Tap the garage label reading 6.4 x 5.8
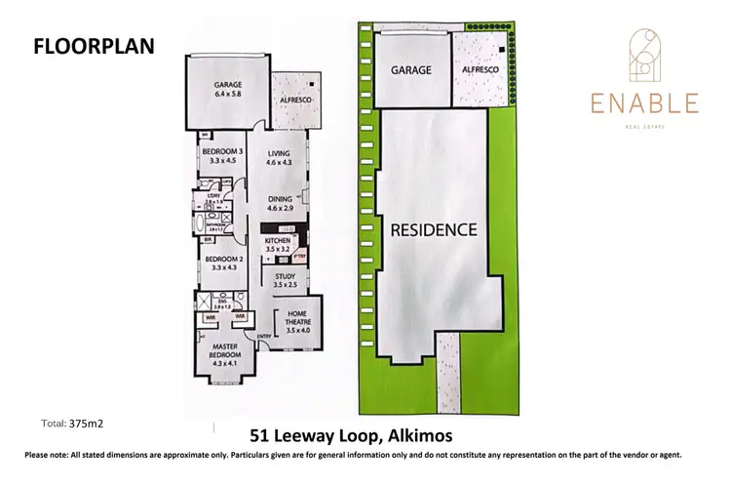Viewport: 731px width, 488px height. tap(228, 91)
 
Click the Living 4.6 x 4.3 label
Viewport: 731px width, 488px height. tap(280, 159)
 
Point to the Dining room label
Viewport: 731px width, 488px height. tap(280, 203)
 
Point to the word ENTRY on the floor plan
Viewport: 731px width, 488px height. tap(262, 338)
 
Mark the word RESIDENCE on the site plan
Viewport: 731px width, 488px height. tap(434, 231)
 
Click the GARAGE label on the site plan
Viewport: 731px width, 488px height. tap(411, 71)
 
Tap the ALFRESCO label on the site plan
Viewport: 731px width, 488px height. tap(480, 71)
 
